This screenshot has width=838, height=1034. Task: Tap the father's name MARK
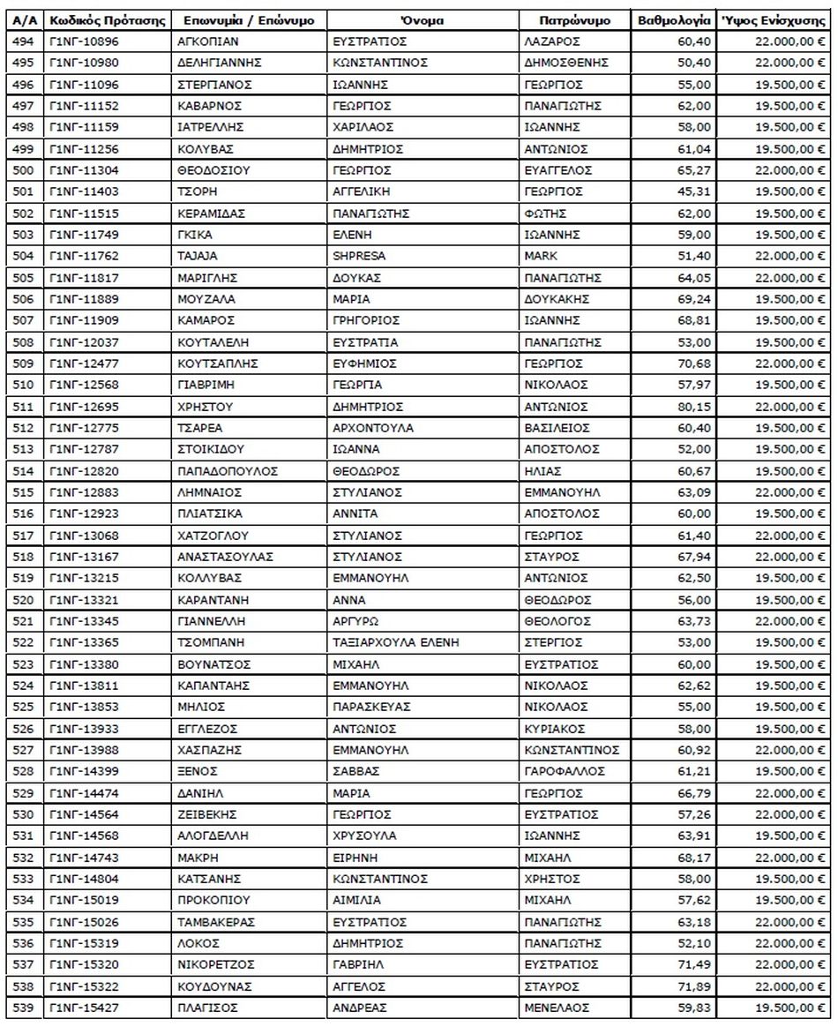coord(540,256)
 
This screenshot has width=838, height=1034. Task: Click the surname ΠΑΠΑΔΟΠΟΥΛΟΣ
coord(228,470)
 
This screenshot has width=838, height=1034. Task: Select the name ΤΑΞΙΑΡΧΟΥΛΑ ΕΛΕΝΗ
coord(396,642)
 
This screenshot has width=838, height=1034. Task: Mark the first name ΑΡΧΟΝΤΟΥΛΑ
coord(373,428)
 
